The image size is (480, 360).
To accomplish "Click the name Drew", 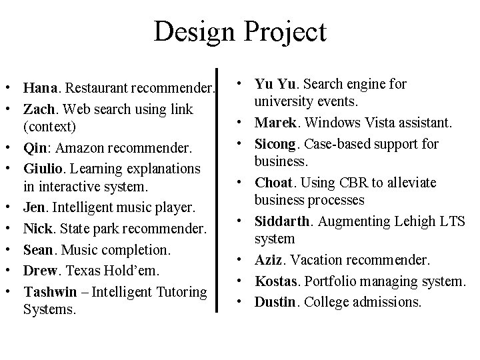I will (x=39, y=271).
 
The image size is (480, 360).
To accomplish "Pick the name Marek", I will (x=273, y=123).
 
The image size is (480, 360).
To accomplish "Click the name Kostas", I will (x=275, y=282).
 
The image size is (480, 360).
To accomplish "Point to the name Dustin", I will (x=275, y=302).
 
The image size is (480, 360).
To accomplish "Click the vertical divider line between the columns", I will (x=218, y=190).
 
